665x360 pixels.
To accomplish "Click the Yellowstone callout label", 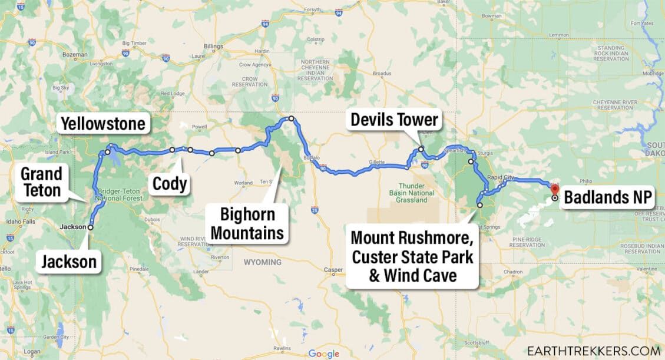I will click(x=103, y=124).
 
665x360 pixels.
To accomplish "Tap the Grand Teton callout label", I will click(x=41, y=181).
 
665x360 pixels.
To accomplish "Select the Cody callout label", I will click(x=170, y=184).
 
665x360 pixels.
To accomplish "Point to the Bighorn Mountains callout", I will click(x=247, y=223).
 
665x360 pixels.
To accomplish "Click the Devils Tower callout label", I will click(x=394, y=120).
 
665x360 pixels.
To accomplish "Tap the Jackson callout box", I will click(x=68, y=261).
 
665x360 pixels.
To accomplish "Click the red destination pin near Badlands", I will click(x=554, y=189).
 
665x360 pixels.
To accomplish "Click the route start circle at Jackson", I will click(x=91, y=227).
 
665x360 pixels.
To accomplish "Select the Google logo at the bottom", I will click(x=324, y=354).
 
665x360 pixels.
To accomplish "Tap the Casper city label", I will click(x=333, y=270).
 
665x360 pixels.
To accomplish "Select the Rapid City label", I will click(x=501, y=177).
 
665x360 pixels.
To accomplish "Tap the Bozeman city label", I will click(x=75, y=54).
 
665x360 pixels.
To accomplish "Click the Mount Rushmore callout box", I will click(x=412, y=257).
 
